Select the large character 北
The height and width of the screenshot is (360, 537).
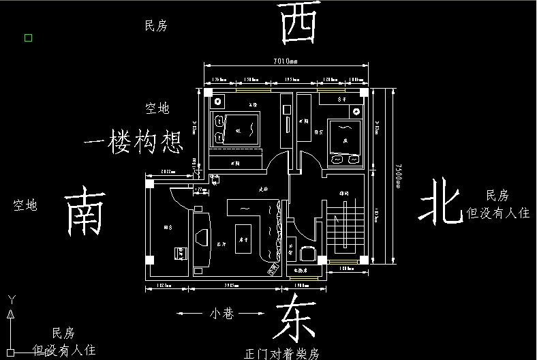[441, 201]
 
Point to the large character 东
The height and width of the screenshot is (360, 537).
[296, 318]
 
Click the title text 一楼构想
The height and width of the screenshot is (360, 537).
[134, 142]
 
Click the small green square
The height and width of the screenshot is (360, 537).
[29, 37]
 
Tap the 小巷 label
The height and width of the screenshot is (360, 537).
[221, 314]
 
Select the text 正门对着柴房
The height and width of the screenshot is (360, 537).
[281, 354]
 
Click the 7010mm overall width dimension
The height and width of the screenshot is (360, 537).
[286, 61]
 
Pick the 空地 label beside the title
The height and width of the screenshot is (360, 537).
[157, 108]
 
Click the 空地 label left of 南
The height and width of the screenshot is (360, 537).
[25, 205]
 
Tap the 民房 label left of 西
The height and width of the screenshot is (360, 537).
[155, 26]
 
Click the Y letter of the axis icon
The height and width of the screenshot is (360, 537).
[10, 299]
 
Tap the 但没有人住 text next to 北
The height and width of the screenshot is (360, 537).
[497, 213]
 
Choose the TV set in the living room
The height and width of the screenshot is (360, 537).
[202, 236]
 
